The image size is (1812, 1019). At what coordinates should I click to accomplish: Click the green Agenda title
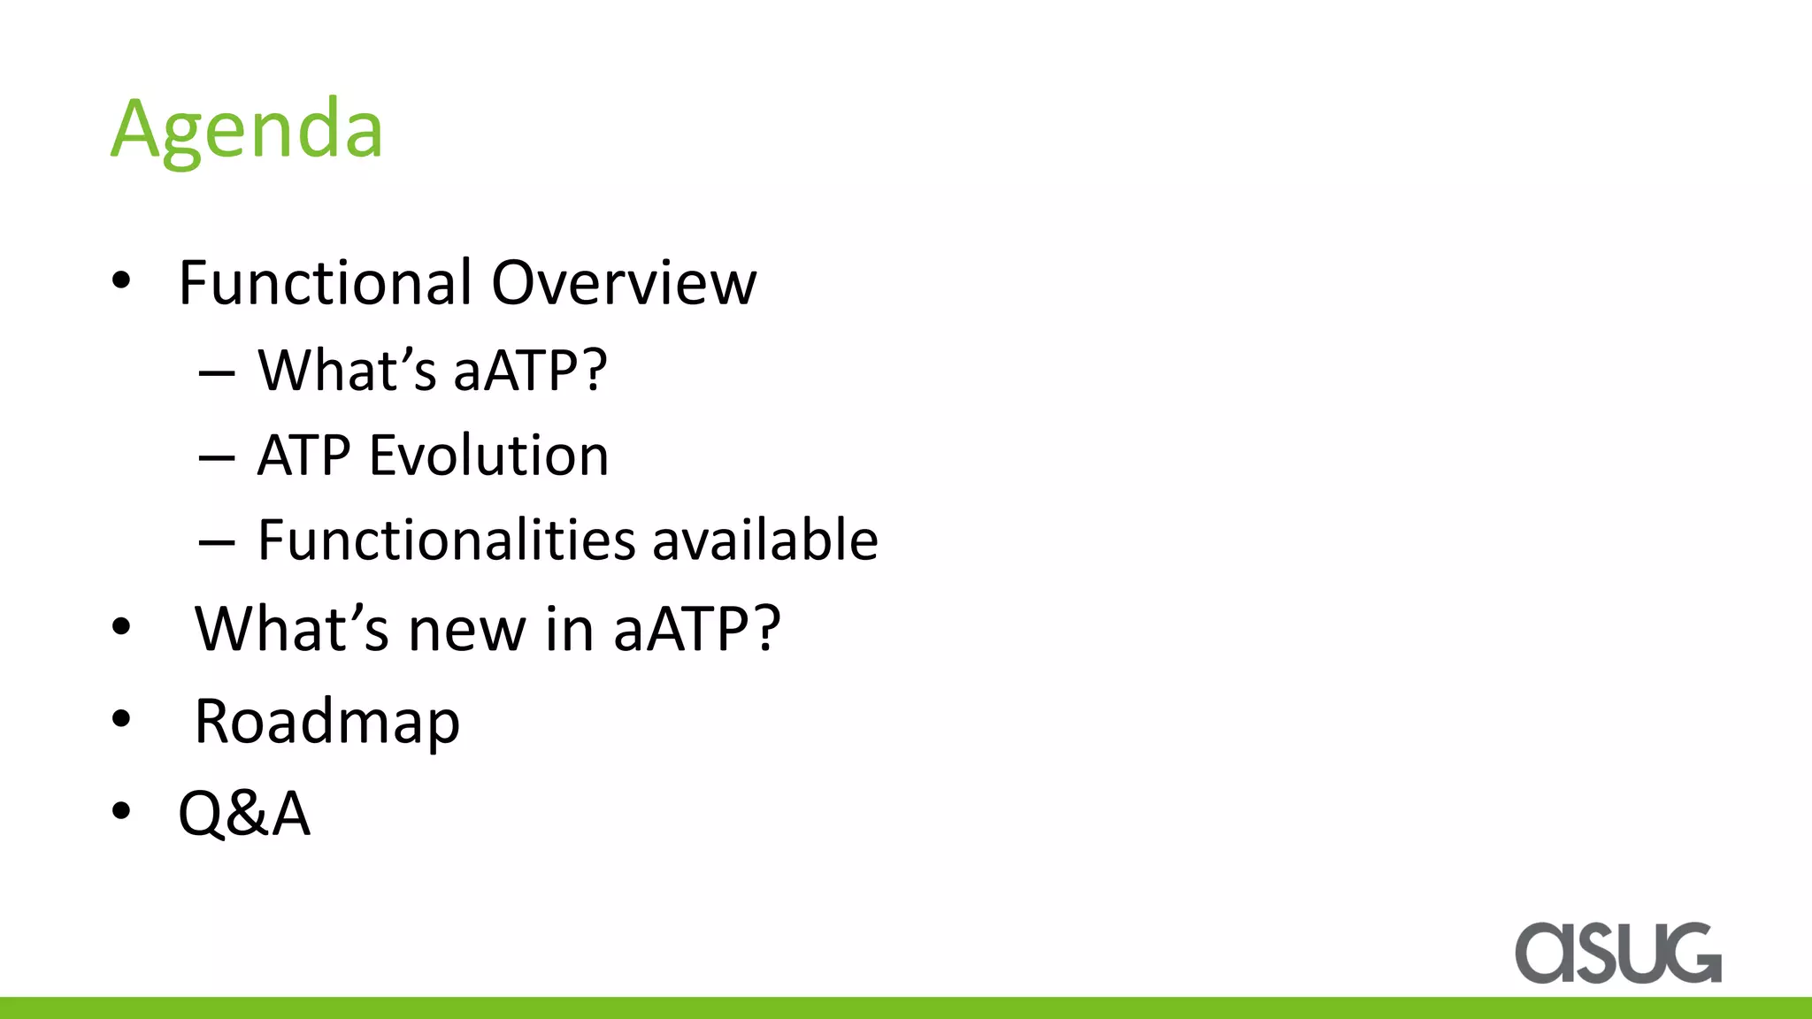247,129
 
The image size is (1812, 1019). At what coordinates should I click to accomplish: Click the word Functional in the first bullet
325,283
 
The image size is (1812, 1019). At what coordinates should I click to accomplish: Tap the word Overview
624,283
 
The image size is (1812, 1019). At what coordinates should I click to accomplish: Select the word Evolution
488,456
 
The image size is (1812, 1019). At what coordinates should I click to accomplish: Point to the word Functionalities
446,540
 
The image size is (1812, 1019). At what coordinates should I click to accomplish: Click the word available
765,540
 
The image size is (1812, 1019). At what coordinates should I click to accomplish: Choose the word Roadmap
327,722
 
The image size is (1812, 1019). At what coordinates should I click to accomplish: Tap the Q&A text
244,813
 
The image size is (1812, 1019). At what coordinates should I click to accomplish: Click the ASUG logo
1617,953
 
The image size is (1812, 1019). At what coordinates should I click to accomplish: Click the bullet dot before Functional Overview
121,282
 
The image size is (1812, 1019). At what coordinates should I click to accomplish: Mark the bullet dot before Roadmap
121,718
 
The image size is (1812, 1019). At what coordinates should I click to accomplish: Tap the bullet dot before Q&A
121,810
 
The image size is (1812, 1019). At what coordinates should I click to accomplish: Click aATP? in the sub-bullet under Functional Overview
530,371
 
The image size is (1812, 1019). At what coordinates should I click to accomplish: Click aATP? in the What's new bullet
697,630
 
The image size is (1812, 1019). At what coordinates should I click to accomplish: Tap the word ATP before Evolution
303,456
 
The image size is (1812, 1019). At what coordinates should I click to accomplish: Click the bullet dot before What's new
121,627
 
